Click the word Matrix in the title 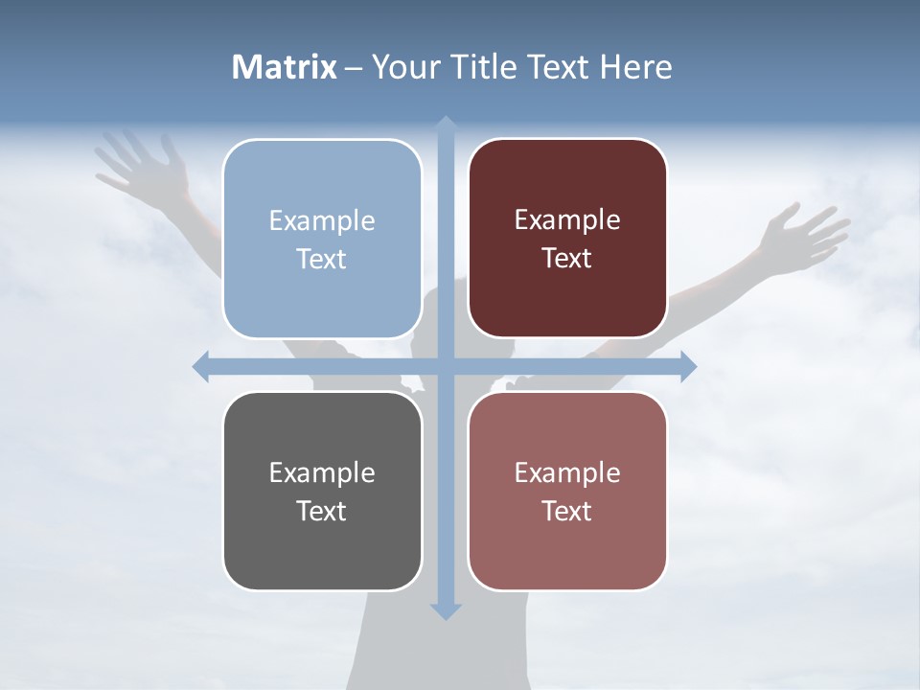click(x=285, y=67)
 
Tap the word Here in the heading click(x=635, y=67)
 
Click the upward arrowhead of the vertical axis click(x=446, y=126)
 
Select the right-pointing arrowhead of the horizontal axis click(x=687, y=366)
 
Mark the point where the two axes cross click(x=446, y=366)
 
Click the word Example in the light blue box click(x=322, y=221)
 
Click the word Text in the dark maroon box click(x=567, y=259)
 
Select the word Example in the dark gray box click(x=322, y=472)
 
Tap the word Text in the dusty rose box click(x=567, y=511)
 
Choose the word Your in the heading click(x=403, y=67)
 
